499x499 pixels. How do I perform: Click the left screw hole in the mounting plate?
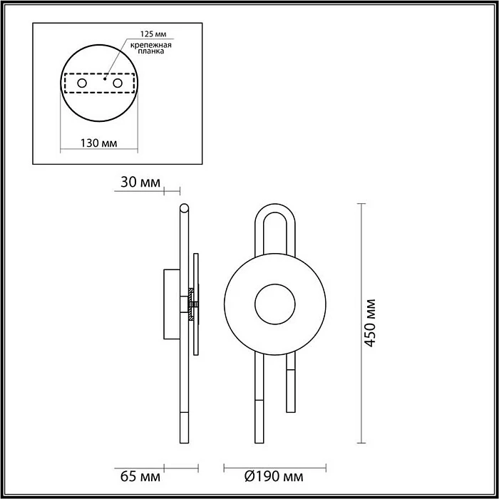(x=82, y=84)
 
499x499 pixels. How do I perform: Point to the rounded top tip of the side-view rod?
(x=185, y=208)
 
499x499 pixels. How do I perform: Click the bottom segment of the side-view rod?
(x=185, y=428)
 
